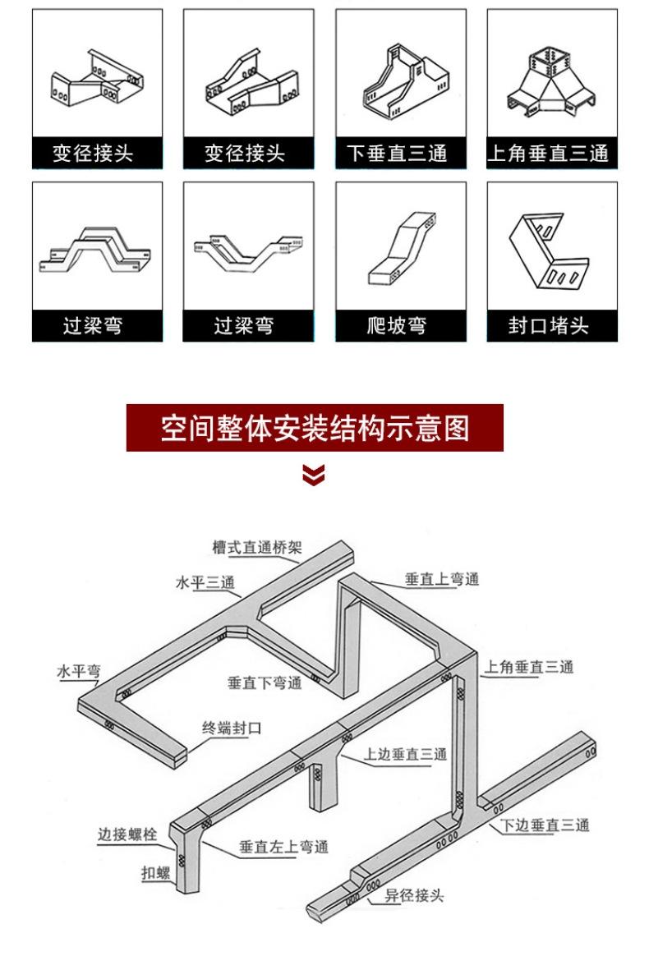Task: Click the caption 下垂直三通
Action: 396,154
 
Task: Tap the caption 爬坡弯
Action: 396,326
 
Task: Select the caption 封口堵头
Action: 548,326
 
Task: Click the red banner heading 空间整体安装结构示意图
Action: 315,428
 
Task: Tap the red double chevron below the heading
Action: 314,475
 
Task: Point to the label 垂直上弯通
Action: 441,579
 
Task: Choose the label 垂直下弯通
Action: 265,682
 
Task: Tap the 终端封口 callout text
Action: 232,727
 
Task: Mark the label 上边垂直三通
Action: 406,753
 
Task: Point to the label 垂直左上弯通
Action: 283,846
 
